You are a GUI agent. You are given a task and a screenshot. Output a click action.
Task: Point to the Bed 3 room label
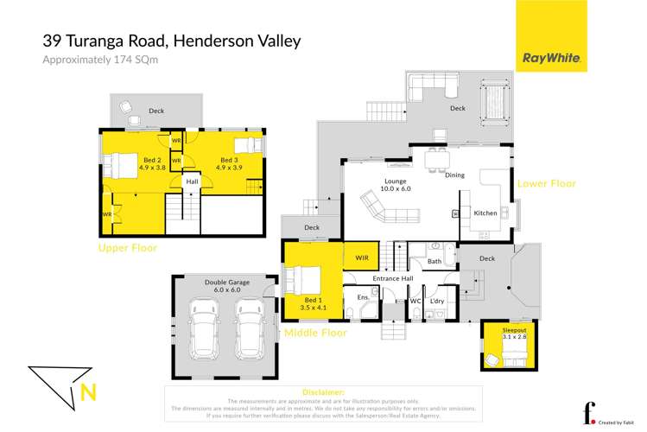tap(229, 162)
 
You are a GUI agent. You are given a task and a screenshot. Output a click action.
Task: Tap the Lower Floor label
tap(545, 184)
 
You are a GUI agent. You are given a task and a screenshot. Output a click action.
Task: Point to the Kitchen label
tap(485, 213)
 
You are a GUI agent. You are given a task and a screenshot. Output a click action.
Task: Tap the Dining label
tap(454, 175)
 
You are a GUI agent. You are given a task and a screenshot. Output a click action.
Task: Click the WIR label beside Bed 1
tap(362, 257)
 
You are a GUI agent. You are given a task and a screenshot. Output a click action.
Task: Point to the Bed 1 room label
tap(306, 302)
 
